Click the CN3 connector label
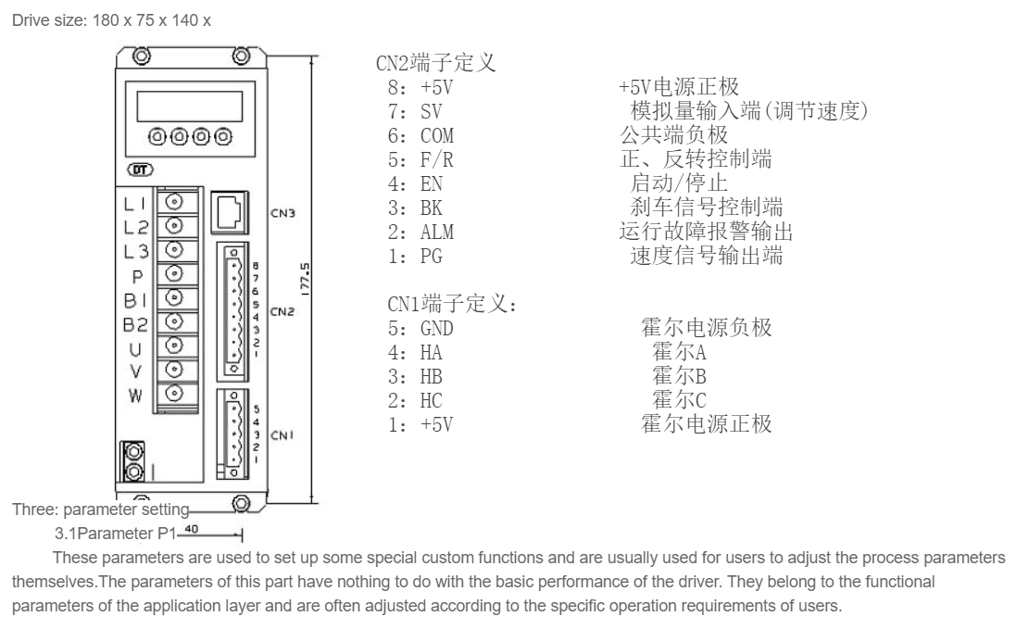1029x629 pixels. click(282, 211)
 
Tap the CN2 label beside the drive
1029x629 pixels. click(282, 311)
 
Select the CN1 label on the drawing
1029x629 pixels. click(282, 434)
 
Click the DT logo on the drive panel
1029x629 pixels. click(138, 170)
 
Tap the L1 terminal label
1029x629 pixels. click(135, 201)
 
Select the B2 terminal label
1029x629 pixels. click(135, 324)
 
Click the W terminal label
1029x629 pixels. click(135, 396)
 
